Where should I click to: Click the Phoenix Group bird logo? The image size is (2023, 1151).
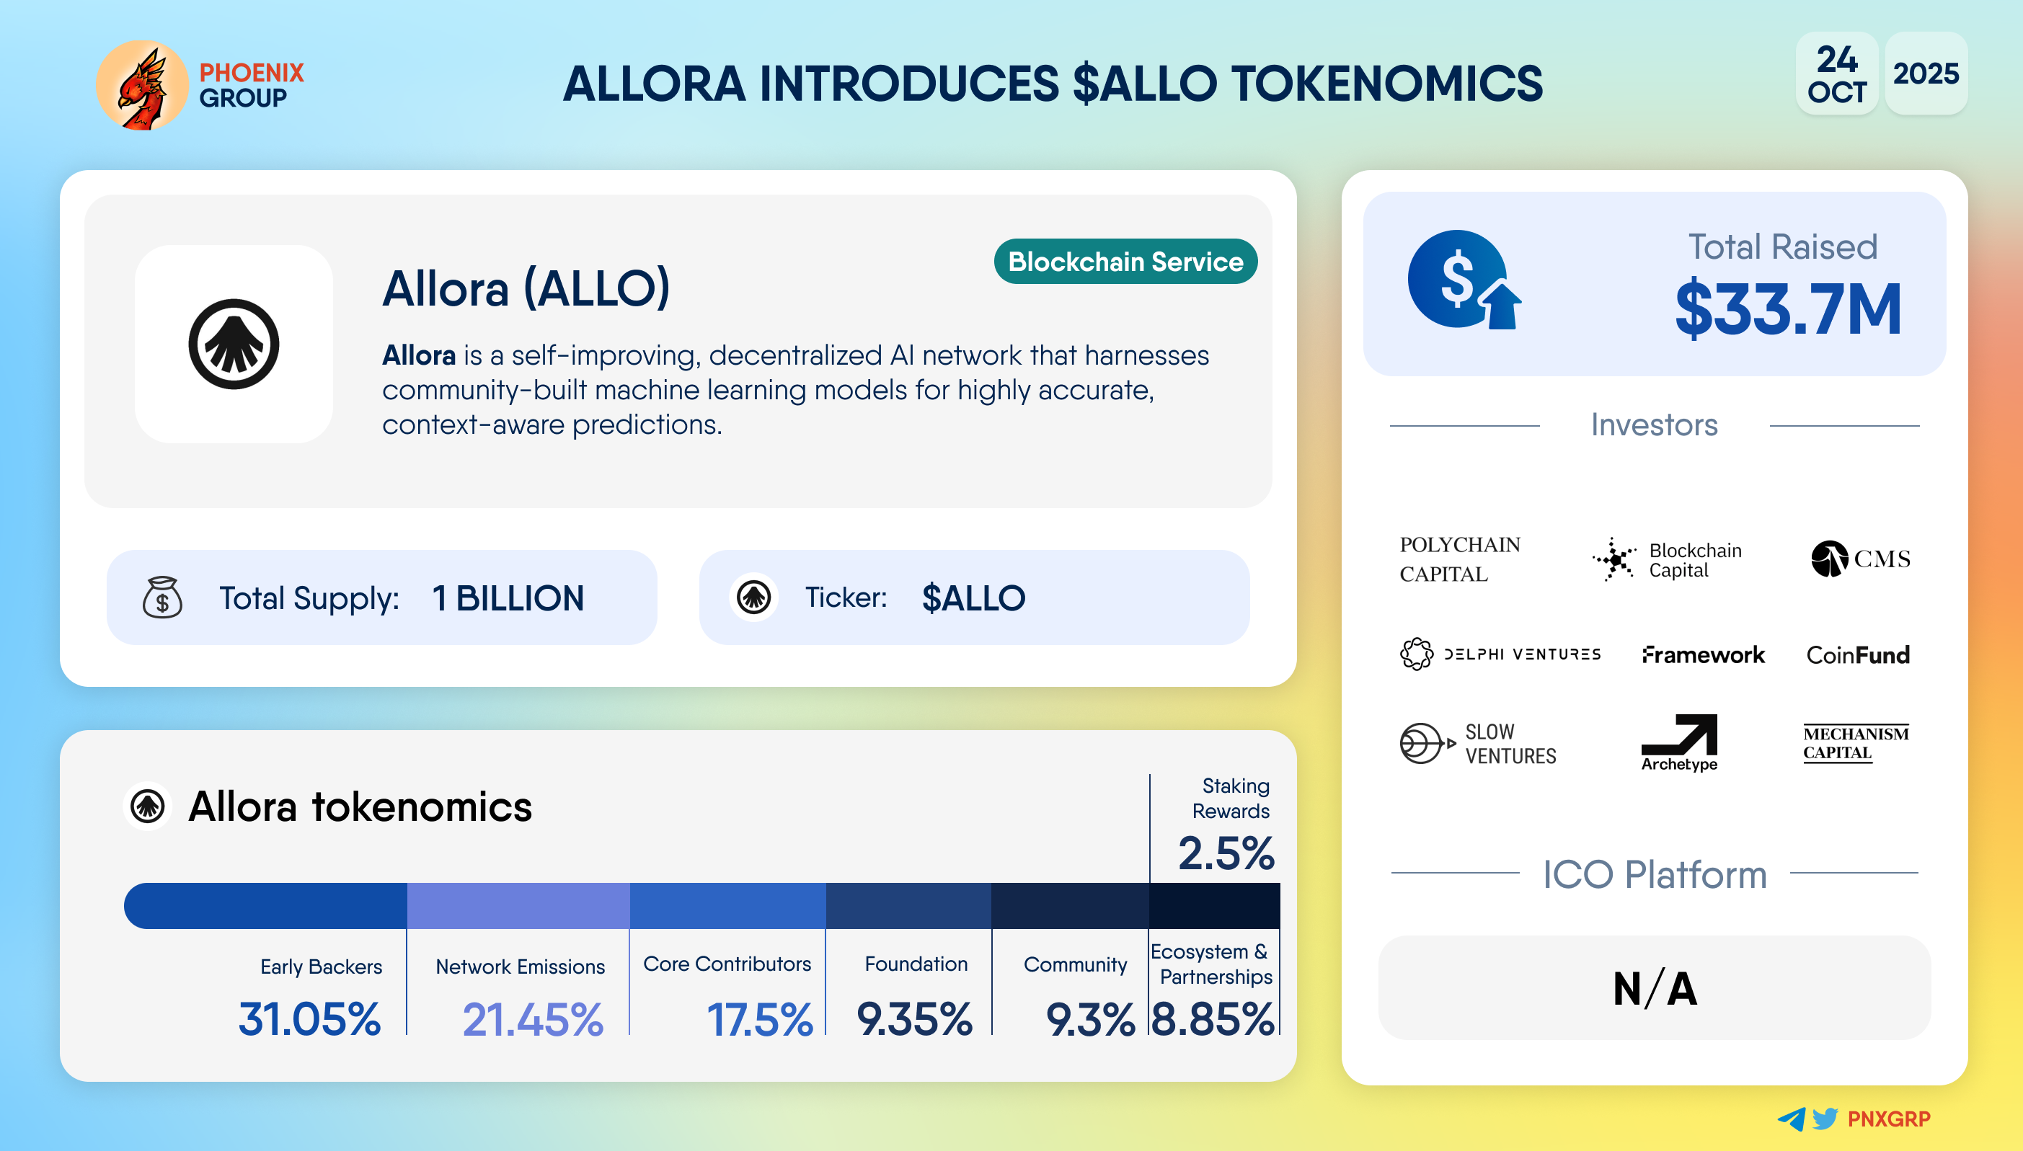pos(142,85)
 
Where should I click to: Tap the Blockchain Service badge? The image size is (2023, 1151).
pos(1125,262)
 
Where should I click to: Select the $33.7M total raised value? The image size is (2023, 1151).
pos(1788,308)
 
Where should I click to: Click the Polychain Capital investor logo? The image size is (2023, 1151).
pos(1459,559)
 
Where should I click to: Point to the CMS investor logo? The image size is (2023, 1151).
pos(1860,559)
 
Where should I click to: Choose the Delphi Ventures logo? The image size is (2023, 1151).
pos(1500,654)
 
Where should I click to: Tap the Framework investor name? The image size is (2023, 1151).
pos(1703,654)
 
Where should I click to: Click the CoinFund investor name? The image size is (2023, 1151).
pos(1858,654)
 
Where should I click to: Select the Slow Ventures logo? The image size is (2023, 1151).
pos(1477,743)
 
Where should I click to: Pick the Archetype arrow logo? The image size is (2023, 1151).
pos(1679,742)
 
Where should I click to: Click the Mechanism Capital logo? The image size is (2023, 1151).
pos(1856,743)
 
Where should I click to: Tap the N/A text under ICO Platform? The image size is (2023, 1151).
pos(1655,989)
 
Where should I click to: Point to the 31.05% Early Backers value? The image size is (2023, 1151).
pos(309,1019)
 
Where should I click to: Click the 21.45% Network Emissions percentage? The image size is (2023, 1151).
pos(533,1019)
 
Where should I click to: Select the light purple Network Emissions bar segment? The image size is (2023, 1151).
pos(518,906)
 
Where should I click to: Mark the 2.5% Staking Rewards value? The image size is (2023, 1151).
pos(1226,853)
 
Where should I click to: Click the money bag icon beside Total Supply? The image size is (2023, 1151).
pos(162,597)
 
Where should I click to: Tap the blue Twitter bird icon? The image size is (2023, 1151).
pos(1825,1119)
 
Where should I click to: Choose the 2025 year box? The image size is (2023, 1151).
pos(1926,74)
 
